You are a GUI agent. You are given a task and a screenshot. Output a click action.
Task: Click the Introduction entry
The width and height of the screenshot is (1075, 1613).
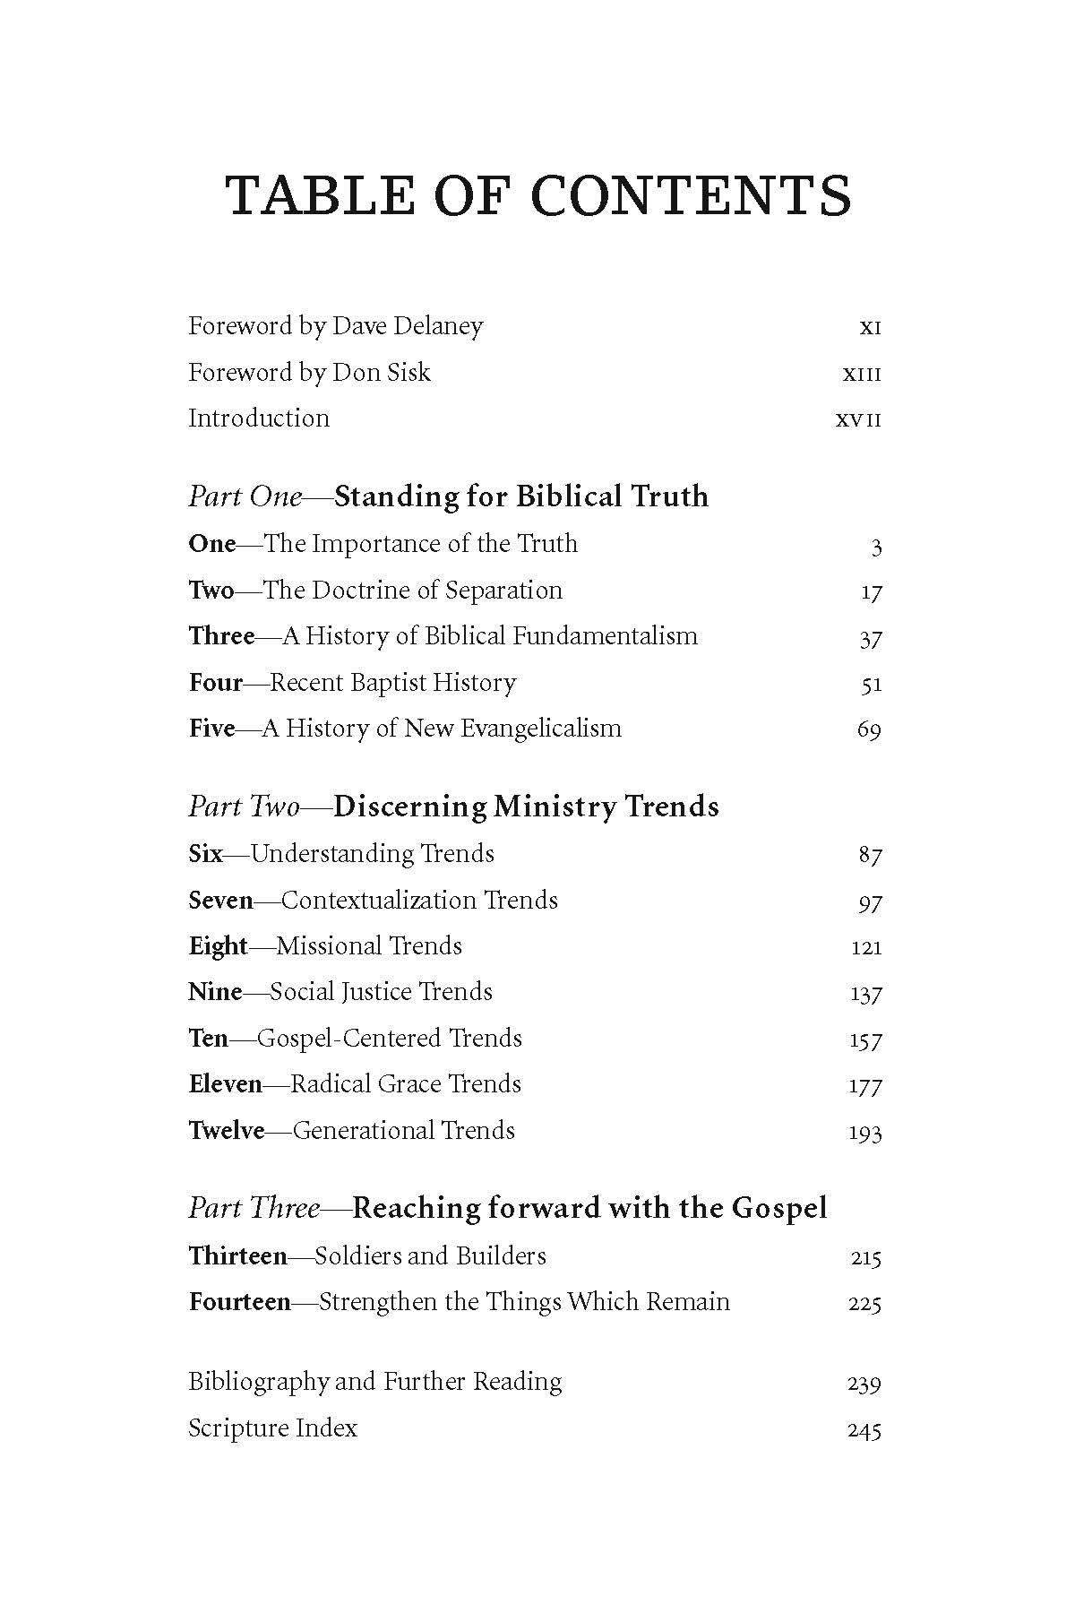(259, 418)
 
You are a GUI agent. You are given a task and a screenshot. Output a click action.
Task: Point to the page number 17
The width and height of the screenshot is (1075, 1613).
(870, 592)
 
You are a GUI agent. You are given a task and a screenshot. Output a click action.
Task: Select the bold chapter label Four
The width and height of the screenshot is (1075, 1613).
(216, 683)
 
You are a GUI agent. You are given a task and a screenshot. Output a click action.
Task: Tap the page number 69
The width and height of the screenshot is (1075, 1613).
(869, 730)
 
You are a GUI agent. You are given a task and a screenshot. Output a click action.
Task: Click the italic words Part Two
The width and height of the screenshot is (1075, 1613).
(244, 806)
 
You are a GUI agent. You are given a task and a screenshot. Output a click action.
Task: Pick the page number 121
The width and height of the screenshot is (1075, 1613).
(866, 947)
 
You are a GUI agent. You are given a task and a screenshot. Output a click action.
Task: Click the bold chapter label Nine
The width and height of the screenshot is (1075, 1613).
(215, 992)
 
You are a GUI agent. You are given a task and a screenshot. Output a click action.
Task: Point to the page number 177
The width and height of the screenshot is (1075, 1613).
(865, 1086)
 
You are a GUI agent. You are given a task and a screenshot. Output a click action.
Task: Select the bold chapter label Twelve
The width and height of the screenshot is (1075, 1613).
(227, 1131)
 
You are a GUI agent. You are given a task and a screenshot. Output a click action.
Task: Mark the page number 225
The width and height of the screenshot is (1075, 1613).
(864, 1304)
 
